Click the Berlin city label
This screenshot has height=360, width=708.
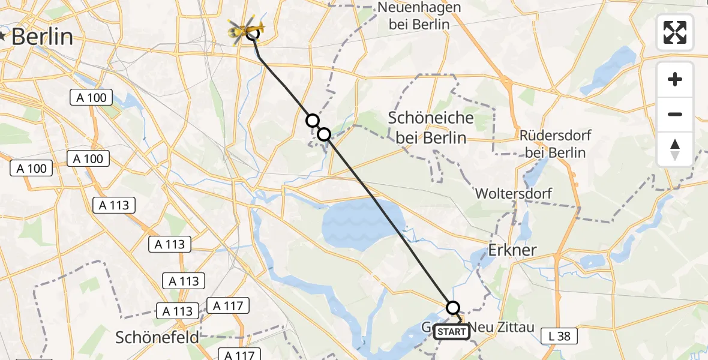point(42,37)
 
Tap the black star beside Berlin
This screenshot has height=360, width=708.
point(4,36)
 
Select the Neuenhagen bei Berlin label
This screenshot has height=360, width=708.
point(419,16)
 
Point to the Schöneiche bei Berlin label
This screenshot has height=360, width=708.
point(430,128)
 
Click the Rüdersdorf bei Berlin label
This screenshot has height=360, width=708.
point(555,143)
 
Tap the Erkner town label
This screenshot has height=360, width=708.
point(512,250)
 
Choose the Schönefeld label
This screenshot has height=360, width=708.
point(157,337)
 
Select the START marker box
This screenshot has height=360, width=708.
point(452,332)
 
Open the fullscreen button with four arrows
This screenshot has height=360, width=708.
point(675,32)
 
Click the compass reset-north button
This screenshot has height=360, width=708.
point(675,149)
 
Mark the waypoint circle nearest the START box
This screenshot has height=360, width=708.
point(453,308)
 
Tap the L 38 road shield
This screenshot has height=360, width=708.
point(559,336)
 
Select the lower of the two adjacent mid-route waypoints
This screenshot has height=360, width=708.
point(324,134)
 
